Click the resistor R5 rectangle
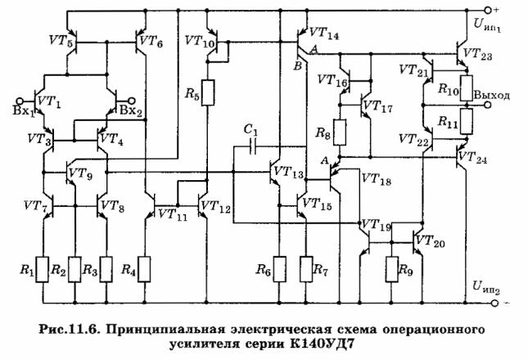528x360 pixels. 207,92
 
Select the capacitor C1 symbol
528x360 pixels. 253,146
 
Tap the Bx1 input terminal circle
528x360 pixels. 20,101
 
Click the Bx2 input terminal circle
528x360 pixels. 132,101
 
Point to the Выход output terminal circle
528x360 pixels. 487,106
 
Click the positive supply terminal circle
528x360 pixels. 487,11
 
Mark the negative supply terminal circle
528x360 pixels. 494,304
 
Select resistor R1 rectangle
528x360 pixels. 43,269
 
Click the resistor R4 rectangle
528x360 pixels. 144,269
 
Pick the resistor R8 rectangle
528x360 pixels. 340,133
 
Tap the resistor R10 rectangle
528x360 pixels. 467,88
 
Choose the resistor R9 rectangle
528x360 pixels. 392,269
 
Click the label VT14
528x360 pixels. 324,34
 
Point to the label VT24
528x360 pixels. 473,158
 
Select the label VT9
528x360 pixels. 80,174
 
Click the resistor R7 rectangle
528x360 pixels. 306,269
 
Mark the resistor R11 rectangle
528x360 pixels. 467,121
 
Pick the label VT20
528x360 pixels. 431,241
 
